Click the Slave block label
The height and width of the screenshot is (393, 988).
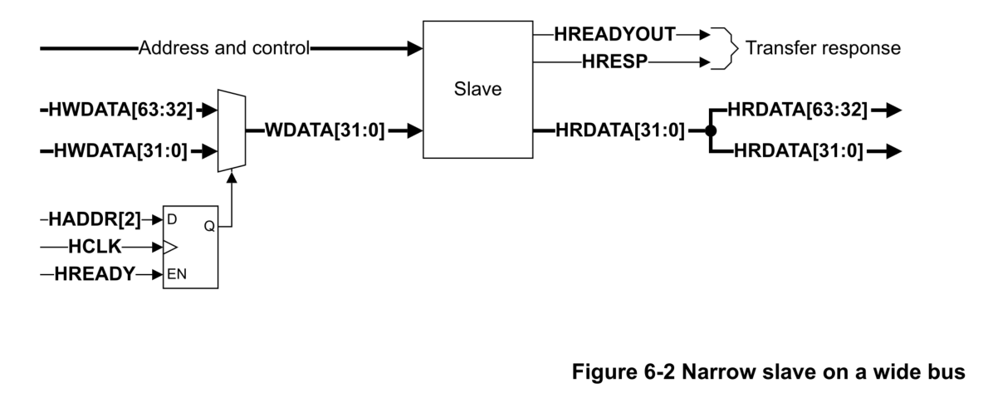(477, 89)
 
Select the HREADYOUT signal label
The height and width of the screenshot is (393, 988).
(615, 35)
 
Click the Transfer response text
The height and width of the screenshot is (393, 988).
(822, 48)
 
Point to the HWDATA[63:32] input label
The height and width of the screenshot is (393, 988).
(121, 110)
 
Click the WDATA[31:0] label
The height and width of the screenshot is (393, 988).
(324, 130)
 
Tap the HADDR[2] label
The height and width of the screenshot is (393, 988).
(95, 220)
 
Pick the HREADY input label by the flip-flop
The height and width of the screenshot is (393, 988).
(94, 273)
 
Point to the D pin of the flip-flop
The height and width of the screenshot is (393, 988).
(171, 220)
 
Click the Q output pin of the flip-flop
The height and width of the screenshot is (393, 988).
(208, 225)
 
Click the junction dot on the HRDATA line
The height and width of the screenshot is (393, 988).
(710, 130)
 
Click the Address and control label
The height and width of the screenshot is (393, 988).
(223, 48)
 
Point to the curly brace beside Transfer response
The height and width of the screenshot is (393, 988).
(726, 48)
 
